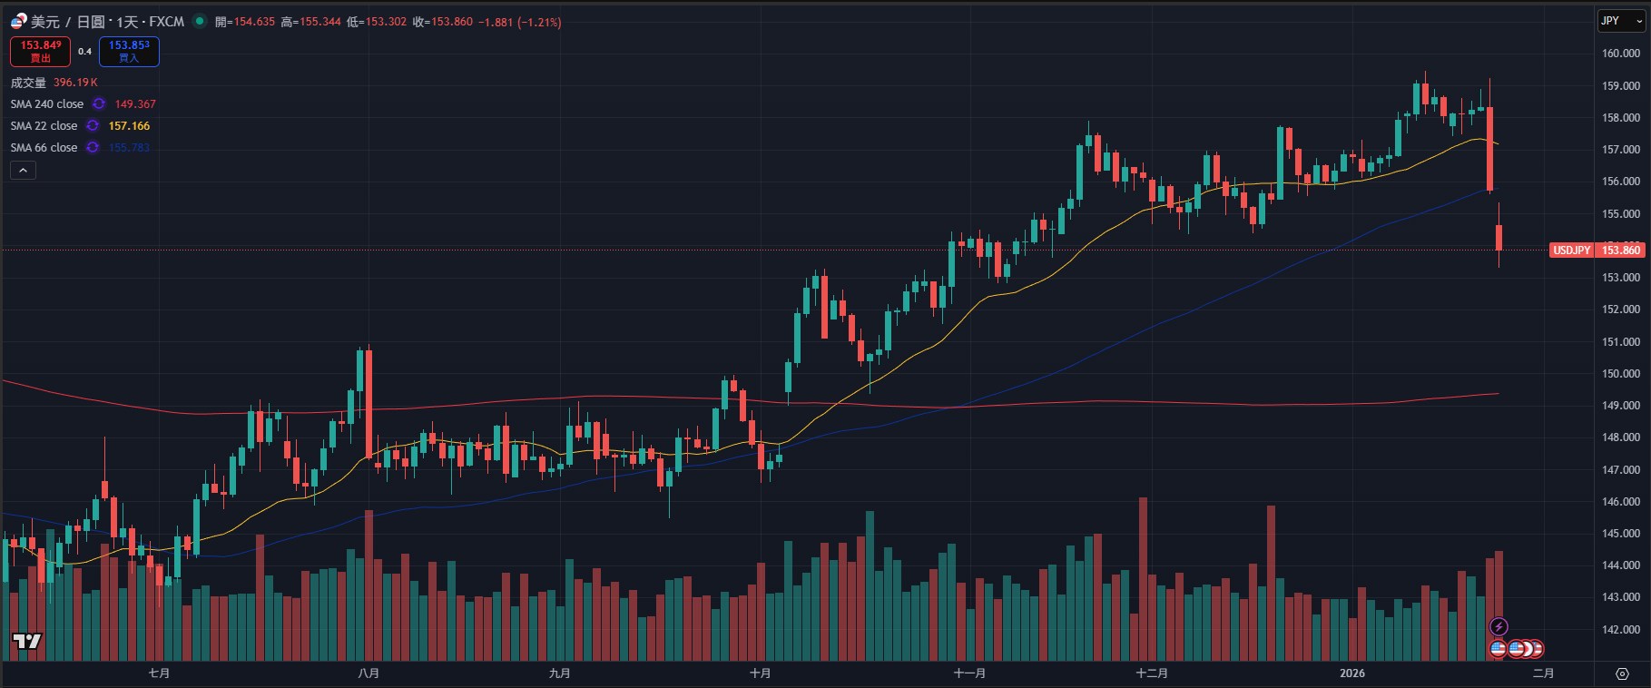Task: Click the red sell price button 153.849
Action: point(41,51)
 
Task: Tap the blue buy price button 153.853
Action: point(129,51)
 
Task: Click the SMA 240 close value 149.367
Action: point(135,104)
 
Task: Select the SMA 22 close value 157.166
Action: point(129,126)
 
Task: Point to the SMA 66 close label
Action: point(44,148)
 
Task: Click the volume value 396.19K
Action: point(75,83)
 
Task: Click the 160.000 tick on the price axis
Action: point(1620,54)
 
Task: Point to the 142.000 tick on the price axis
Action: point(1620,630)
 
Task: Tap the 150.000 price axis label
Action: point(1620,374)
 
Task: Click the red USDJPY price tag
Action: point(1571,251)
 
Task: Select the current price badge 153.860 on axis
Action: point(1620,251)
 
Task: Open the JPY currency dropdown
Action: point(1620,21)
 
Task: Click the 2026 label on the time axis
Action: point(1351,673)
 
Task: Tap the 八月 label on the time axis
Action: point(369,673)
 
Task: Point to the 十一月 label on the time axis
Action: point(969,673)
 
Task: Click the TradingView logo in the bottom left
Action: point(27,642)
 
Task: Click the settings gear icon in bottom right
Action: point(1622,673)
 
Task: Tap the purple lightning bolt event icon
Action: point(1499,626)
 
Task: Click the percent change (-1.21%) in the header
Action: point(539,22)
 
